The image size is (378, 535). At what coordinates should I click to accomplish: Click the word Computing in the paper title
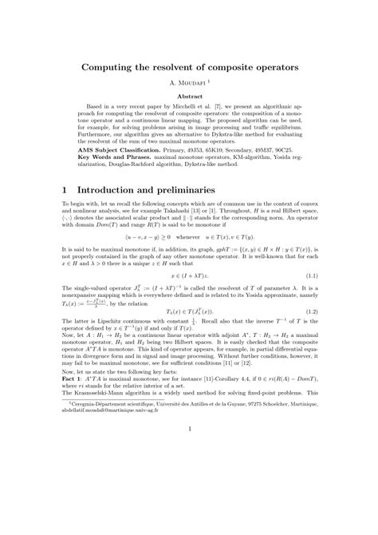tap(114, 69)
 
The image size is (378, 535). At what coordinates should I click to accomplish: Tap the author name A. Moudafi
tap(188, 84)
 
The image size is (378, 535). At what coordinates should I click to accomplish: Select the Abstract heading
tap(189, 96)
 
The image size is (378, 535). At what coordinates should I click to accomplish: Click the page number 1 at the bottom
tap(189, 430)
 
